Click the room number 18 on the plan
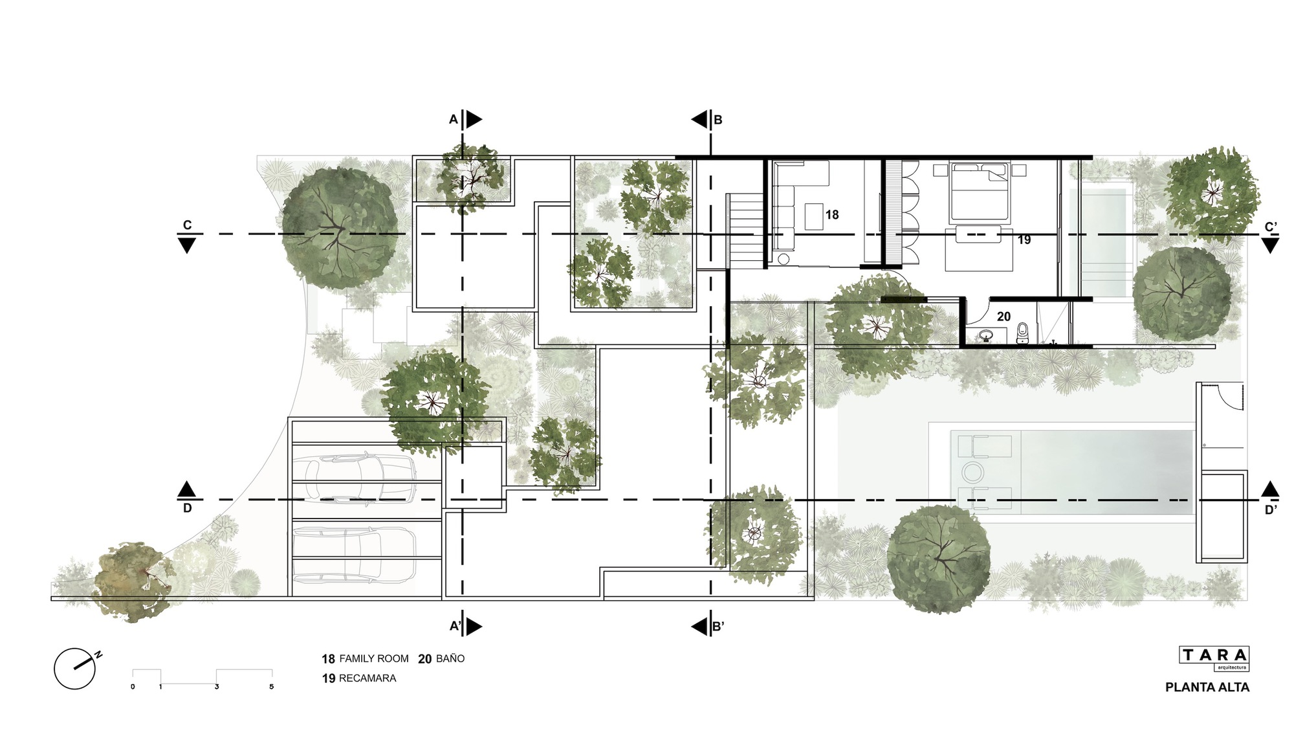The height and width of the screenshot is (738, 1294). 832,214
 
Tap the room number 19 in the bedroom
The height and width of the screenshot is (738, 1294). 1024,240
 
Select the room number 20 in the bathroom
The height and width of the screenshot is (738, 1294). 1003,317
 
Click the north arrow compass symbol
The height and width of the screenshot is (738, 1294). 76,667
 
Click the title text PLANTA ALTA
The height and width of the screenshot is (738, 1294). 1207,688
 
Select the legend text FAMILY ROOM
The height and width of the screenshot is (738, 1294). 374,658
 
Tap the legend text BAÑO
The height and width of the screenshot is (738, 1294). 450,658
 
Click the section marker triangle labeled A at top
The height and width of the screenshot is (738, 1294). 474,119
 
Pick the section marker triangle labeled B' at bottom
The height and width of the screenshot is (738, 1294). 699,627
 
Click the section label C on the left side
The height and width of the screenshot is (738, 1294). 187,225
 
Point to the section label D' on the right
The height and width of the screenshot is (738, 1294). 1271,509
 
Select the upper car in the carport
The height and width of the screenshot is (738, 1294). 355,479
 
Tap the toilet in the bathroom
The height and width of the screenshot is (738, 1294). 1022,333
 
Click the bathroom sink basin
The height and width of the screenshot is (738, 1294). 986,335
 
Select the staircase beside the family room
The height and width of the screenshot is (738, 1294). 746,230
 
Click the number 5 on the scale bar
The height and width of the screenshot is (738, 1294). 271,687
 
